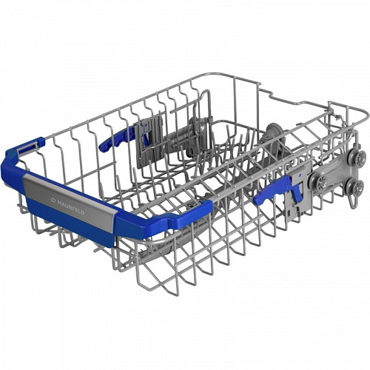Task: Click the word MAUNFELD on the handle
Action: click(x=71, y=207)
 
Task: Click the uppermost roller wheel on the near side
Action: click(x=355, y=156)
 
